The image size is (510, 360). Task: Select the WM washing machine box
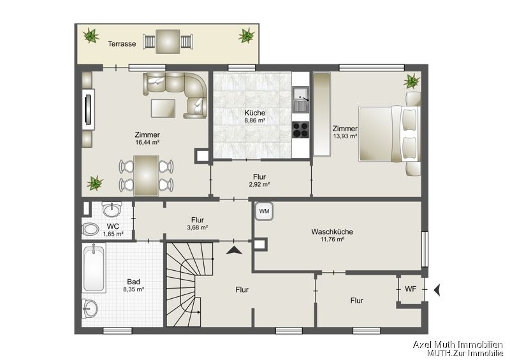coord(265,211)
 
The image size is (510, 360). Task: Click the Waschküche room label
coord(332,231)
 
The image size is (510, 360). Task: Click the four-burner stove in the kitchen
coord(300,129)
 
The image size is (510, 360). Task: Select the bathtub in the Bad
coord(95,268)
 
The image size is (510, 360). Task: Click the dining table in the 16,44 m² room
coord(146,175)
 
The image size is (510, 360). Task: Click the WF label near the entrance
coord(411,289)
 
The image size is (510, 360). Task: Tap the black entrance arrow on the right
coord(438,290)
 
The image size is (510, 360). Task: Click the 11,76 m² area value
coord(332,240)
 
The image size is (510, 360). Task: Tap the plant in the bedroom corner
coord(412,81)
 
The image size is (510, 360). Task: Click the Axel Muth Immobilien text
coord(458,344)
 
